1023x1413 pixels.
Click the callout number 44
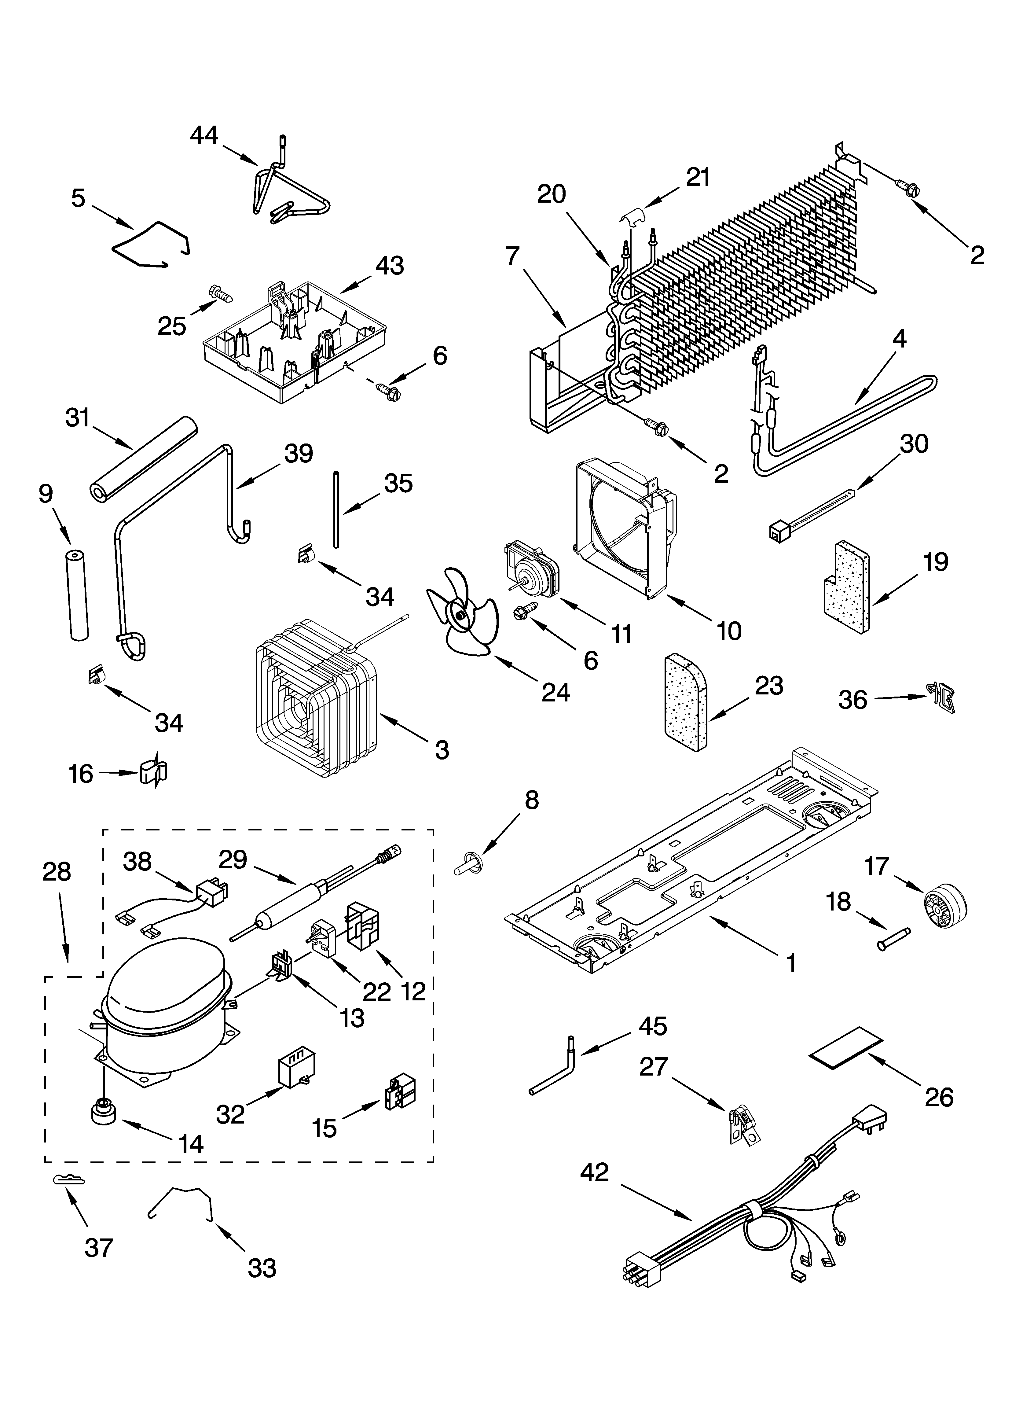click(x=204, y=135)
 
